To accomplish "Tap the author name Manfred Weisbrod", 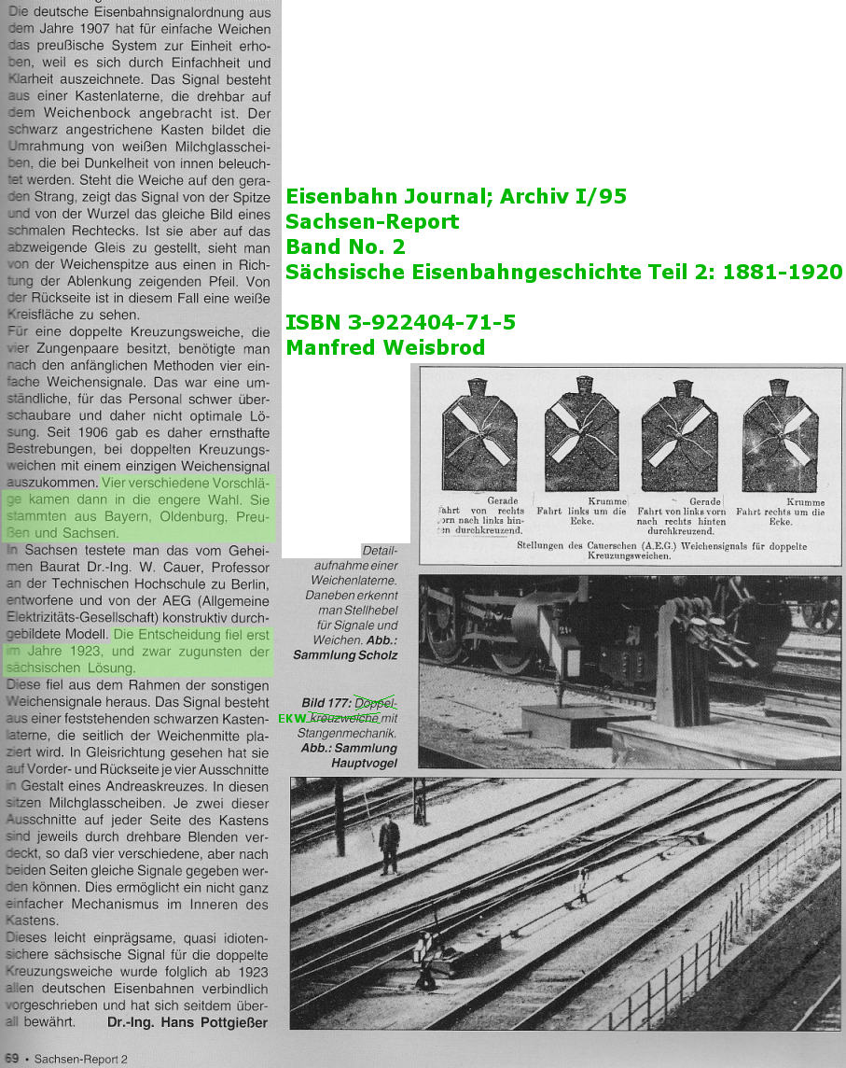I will (x=386, y=347).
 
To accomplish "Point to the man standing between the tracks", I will (x=389, y=844).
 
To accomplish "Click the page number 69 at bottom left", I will (x=12, y=1059).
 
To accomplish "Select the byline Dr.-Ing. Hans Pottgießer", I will (x=187, y=1022).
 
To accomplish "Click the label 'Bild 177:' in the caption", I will (x=326, y=703).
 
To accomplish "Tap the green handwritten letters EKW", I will (x=293, y=719).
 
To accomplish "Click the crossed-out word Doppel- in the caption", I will (x=376, y=703).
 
